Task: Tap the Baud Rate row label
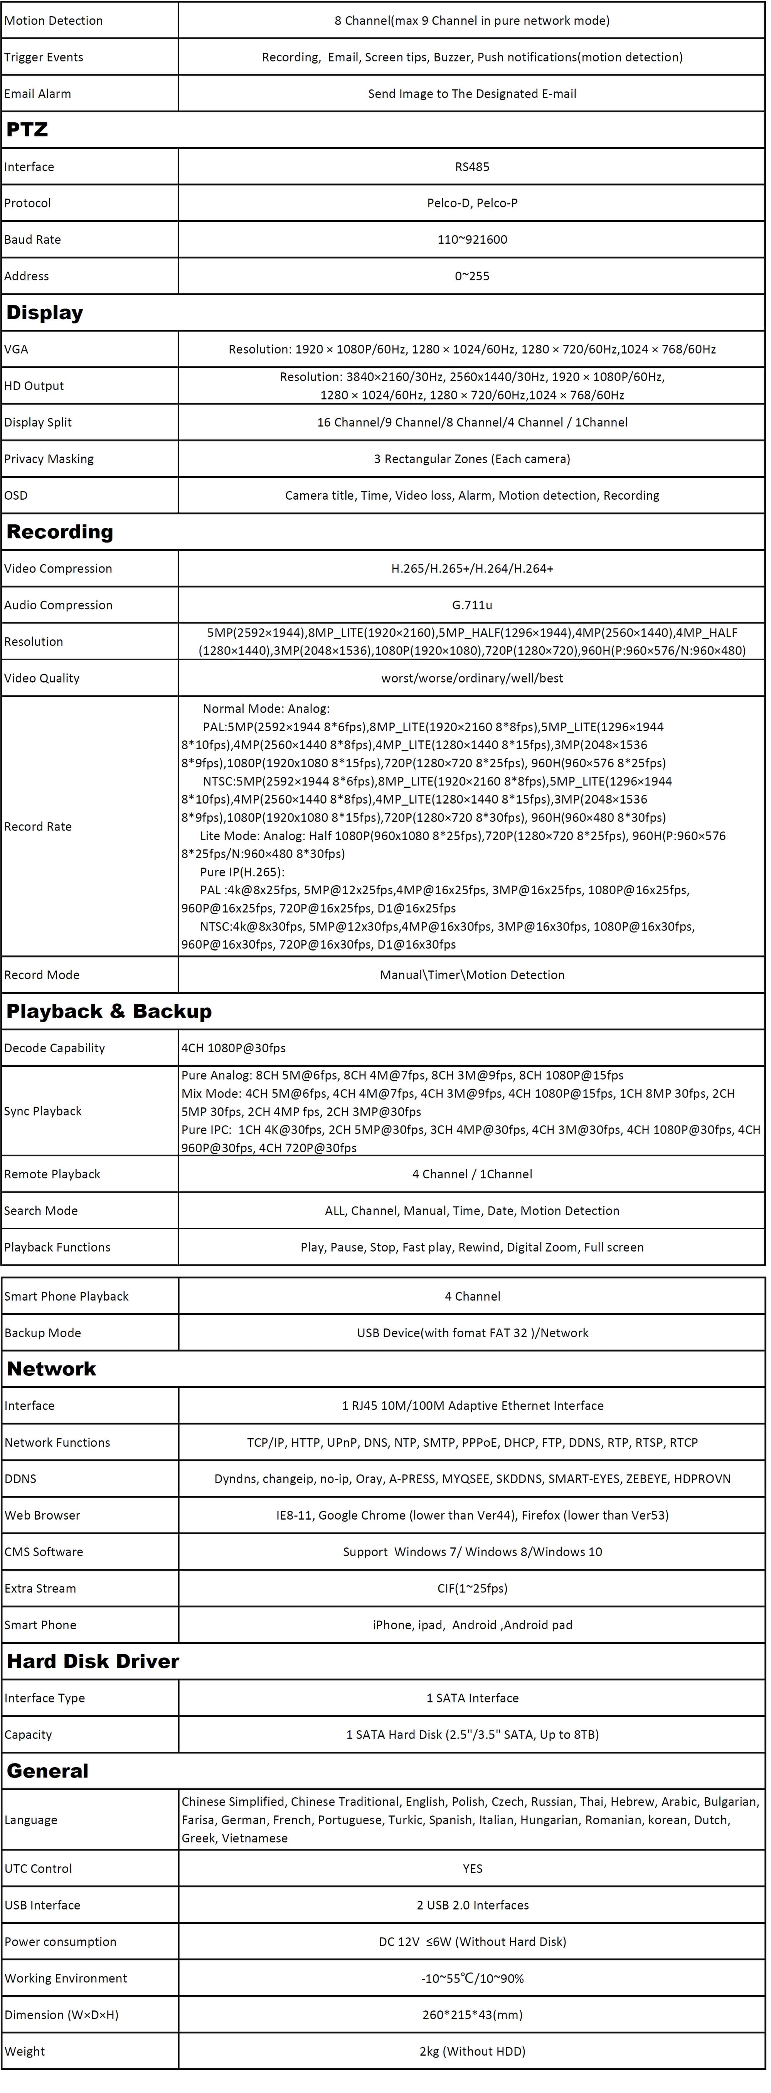(32, 240)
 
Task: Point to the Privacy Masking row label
(49, 459)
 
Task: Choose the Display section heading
(45, 313)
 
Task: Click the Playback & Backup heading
(109, 1011)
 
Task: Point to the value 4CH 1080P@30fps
(234, 1048)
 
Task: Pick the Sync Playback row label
(43, 1112)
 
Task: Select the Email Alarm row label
(37, 93)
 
